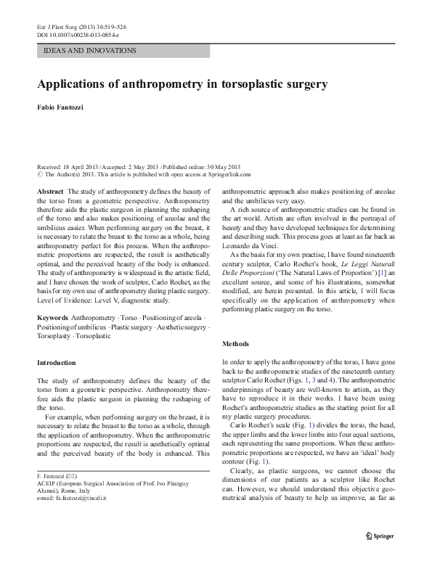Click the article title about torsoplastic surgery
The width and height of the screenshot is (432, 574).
point(182,83)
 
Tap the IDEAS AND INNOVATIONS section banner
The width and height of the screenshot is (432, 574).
point(91,51)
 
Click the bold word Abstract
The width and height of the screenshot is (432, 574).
point(50,190)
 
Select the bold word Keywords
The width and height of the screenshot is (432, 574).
point(52,318)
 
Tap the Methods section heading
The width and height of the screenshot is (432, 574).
point(236,343)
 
